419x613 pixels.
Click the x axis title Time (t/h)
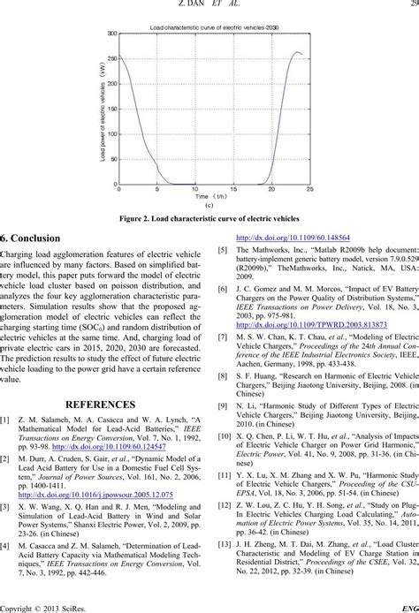(x=209, y=198)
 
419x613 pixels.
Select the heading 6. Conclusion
(x=32, y=238)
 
